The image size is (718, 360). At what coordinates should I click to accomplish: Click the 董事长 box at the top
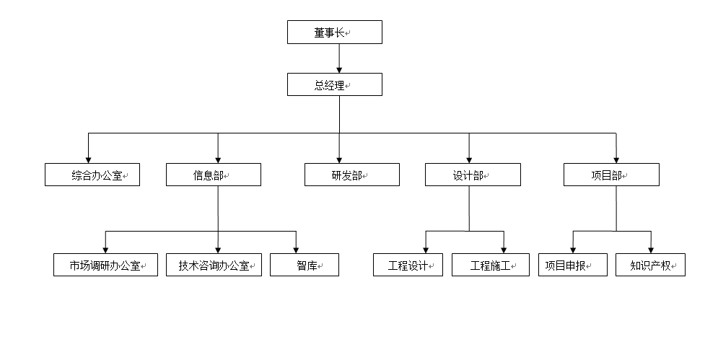click(334, 32)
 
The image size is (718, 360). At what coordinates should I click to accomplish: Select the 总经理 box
click(334, 84)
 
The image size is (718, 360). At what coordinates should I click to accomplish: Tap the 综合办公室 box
click(92, 175)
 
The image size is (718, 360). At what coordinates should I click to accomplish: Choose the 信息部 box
click(214, 175)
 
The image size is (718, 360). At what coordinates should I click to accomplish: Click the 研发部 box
click(351, 175)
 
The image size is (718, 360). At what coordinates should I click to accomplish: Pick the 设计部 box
click(472, 175)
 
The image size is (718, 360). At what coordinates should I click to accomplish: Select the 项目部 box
click(611, 175)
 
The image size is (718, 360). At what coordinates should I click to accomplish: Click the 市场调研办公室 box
click(105, 265)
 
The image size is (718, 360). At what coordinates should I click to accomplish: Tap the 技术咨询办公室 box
click(214, 265)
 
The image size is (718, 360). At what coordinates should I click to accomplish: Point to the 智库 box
click(304, 265)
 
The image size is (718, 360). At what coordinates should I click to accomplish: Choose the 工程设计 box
click(408, 265)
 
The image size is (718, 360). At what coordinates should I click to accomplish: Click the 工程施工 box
click(490, 265)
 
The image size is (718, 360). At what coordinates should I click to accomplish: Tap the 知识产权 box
click(650, 265)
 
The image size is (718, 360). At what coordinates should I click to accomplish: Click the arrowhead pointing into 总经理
click(339, 69)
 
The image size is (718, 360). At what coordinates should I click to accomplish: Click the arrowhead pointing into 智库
click(296, 249)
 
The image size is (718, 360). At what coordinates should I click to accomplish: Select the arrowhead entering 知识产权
click(651, 249)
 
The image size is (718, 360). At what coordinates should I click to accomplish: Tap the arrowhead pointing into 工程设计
click(426, 249)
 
